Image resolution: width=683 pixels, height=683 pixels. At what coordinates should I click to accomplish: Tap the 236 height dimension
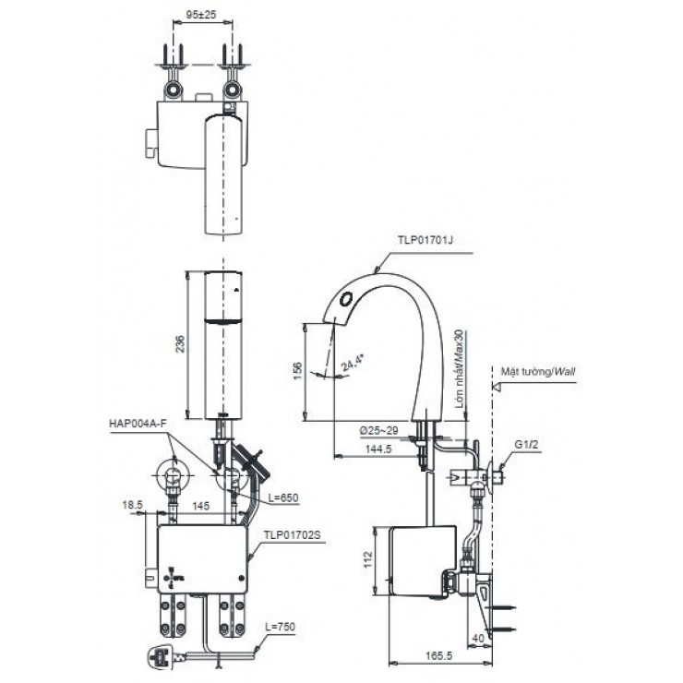181,343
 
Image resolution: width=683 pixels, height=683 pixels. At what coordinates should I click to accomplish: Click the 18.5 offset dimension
131,506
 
